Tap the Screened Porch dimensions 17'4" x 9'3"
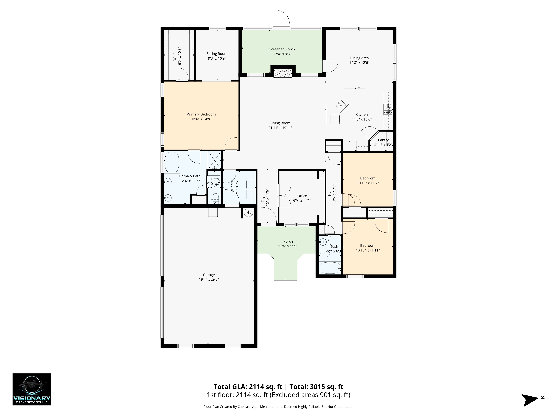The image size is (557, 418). tap(282, 54)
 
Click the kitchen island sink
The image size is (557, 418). tap(341, 104)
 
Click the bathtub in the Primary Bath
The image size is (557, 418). tap(172, 162)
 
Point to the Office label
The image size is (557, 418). tap(302, 196)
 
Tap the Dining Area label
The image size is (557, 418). tap(359, 58)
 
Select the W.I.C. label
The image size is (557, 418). tap(175, 56)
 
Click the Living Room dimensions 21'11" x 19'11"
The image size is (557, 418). tap(280, 128)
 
